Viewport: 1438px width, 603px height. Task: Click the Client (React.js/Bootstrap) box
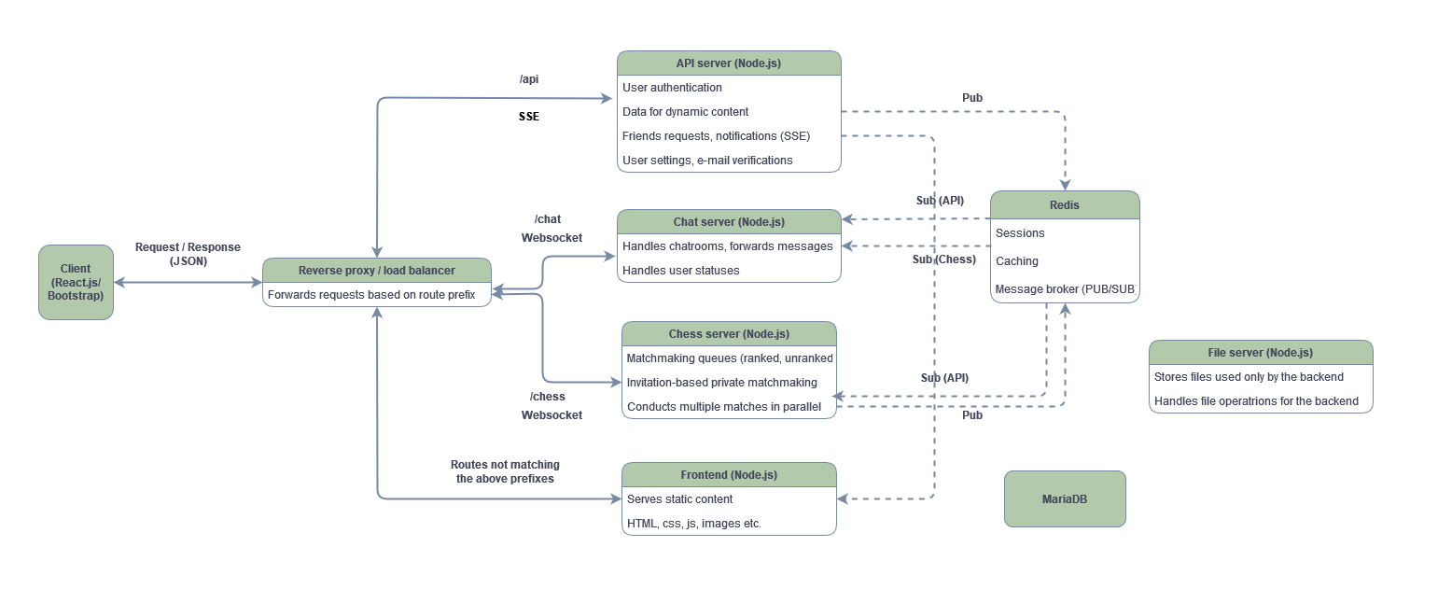pos(76,282)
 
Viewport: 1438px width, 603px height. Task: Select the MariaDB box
pos(1064,498)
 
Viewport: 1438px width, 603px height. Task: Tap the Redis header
pos(1064,204)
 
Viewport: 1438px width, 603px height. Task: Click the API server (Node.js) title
pos(728,63)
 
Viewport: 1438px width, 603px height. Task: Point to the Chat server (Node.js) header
pos(728,222)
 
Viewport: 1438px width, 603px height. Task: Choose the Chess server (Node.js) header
pos(728,334)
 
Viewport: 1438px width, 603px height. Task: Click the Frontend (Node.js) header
pos(728,475)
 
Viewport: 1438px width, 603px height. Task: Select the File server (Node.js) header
pos(1260,353)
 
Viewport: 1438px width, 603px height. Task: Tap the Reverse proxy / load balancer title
pos(376,271)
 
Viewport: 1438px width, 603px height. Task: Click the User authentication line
pos(672,88)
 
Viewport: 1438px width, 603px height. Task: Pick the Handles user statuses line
pos(680,271)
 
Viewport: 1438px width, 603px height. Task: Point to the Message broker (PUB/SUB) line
pos(1064,289)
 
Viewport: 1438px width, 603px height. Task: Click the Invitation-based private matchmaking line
pos(721,383)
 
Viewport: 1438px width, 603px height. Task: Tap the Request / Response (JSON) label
pos(188,254)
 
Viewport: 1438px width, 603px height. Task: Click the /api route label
pos(529,79)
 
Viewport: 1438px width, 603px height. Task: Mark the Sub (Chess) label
pos(943,259)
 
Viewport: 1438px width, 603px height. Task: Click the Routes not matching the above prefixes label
pos(505,471)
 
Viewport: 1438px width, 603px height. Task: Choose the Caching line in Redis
pos(1016,261)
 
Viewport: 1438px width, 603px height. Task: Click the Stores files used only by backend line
pos(1249,377)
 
